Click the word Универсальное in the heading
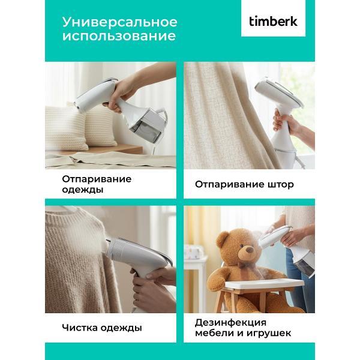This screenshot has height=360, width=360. coord(120,22)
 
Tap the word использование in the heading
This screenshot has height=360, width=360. coord(119,37)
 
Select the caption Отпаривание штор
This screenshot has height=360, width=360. coord(244,184)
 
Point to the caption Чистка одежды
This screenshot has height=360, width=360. coord(102,328)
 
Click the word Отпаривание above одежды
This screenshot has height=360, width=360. coord(97,178)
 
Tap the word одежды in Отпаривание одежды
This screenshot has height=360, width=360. coord(82,190)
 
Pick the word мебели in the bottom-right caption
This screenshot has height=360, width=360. coord(212,334)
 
